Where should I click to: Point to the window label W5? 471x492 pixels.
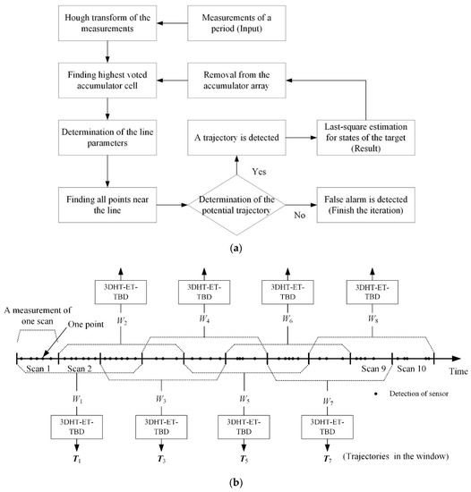pos(244,397)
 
